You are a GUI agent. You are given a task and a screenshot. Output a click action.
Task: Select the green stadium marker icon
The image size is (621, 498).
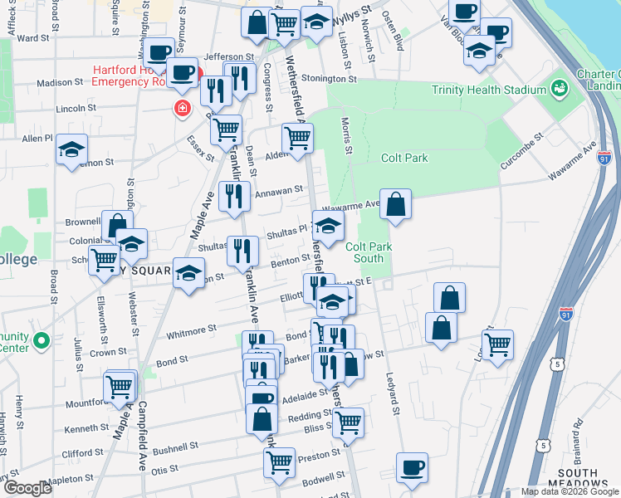click(x=559, y=87)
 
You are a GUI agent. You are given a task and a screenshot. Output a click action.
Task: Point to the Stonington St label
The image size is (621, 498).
click(x=326, y=80)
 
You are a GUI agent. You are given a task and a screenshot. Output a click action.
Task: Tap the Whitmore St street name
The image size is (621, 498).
click(x=191, y=329)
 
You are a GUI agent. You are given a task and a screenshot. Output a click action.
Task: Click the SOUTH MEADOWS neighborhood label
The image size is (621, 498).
click(x=573, y=479)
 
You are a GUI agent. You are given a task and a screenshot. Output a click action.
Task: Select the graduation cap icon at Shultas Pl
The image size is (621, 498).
click(x=328, y=226)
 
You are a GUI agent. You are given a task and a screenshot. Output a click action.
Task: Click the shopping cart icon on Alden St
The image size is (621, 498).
click(x=297, y=138)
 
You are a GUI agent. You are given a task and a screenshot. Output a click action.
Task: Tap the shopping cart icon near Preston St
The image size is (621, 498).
click(x=280, y=461)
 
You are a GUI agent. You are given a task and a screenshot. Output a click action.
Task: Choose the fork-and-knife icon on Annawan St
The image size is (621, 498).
click(x=234, y=197)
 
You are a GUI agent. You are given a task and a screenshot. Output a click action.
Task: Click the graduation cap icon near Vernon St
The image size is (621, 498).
click(x=72, y=150)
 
